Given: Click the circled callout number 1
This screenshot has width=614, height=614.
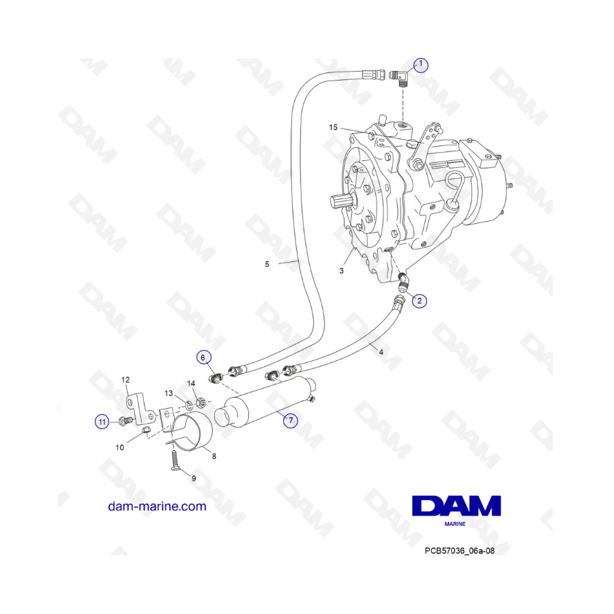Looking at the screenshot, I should tap(421, 65).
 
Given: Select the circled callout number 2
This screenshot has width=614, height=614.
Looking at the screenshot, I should tap(420, 300).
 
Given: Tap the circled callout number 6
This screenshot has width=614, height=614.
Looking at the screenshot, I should tap(203, 357).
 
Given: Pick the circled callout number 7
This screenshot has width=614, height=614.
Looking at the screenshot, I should tap(291, 420).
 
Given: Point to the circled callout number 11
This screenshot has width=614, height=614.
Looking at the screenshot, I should tap(102, 423).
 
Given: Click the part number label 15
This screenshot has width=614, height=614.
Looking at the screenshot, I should tap(334, 128).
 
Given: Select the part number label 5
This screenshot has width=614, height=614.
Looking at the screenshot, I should tap(267, 263).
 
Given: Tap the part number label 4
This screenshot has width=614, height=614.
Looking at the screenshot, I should tap(381, 352).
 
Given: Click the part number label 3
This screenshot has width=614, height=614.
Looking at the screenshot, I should tap(341, 271).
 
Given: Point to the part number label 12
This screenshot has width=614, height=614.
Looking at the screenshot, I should tap(126, 379).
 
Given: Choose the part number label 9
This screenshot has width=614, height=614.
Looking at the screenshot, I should tap(193, 478).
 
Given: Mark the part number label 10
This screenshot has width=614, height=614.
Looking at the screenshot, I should tap(119, 448).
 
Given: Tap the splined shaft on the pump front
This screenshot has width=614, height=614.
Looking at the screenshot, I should tap(343, 203).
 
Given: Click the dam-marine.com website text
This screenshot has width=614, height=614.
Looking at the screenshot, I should tap(157, 506).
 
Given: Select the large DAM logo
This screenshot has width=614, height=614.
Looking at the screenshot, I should tap(456, 506).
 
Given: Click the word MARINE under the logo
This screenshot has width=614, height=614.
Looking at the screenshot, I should tap(455, 525).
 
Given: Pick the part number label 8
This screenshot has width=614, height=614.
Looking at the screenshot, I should tap(214, 456).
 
